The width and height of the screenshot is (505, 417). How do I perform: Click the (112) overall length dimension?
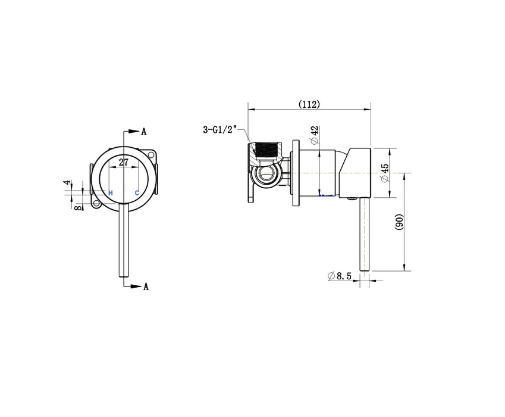coord(309,104)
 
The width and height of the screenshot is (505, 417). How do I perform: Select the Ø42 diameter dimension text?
coord(314,136)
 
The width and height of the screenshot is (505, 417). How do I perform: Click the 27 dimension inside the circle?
coord(123,161)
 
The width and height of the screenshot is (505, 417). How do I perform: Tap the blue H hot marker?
coord(110,192)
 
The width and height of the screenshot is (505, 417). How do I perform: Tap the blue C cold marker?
coord(137,192)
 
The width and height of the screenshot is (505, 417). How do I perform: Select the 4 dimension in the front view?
coord(68,183)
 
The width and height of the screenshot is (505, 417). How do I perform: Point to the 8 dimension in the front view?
coord(77,206)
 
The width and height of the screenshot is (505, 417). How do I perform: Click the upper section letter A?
coord(144,132)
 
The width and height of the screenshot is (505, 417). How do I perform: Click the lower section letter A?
coord(145,287)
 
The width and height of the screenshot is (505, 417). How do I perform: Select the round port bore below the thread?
coord(268,174)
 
